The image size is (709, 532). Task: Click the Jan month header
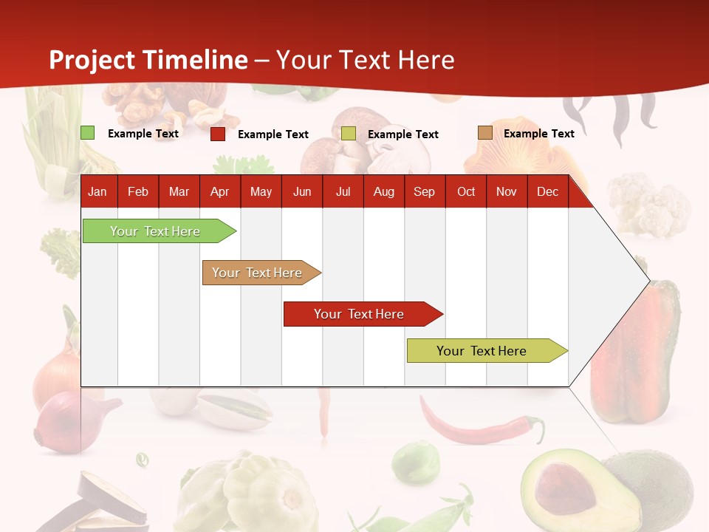coord(97,192)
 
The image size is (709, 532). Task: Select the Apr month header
coord(219,192)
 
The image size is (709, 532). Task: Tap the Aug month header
coord(383,192)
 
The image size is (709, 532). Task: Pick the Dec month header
coord(547,192)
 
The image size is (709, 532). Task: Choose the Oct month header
coord(466,192)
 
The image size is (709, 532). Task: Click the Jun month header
coord(302,192)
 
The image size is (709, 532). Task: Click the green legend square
coord(88,133)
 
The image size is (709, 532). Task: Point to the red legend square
coord(218,134)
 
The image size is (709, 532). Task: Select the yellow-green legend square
coord(349,134)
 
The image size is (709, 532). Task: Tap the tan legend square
coord(484,133)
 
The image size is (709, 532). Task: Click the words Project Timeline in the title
coord(148,60)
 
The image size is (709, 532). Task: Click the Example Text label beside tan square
coord(538,134)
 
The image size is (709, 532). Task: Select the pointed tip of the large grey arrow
coord(648,281)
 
